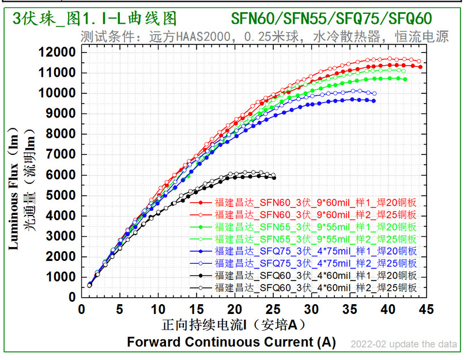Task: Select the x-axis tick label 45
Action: click(x=426, y=310)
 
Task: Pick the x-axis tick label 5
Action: click(x=119, y=310)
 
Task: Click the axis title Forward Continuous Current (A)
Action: click(x=231, y=342)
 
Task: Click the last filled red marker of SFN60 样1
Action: click(x=420, y=67)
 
